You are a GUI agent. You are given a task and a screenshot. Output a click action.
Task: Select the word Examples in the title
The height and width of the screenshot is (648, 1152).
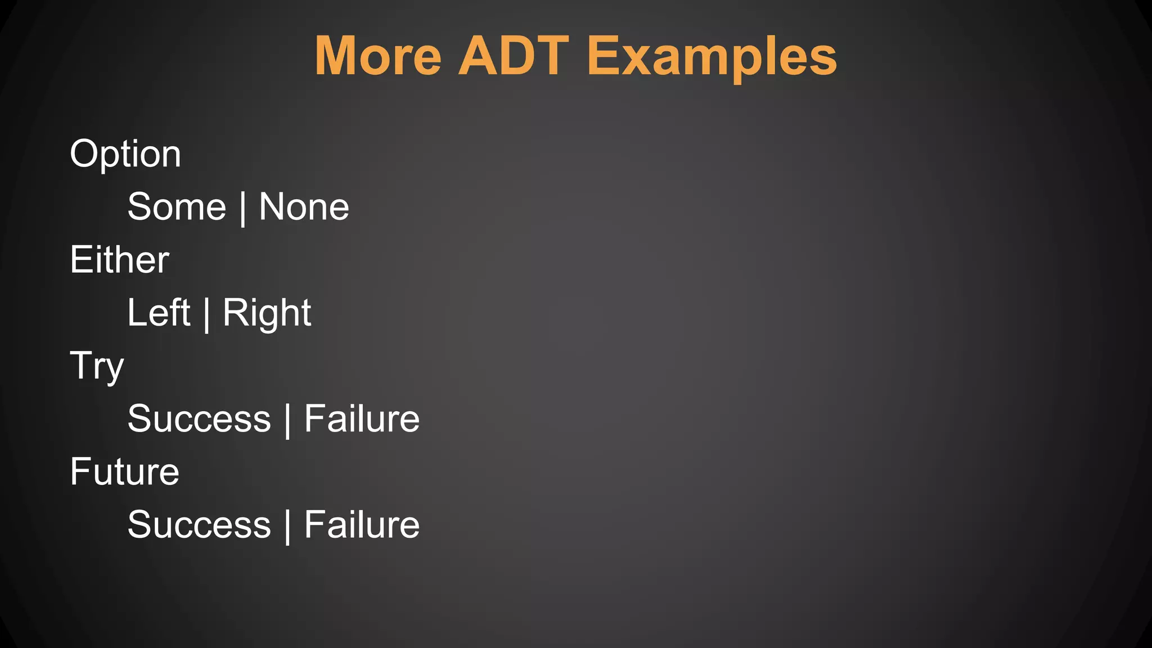click(x=712, y=57)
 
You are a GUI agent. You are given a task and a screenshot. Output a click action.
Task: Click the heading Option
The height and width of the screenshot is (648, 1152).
click(x=125, y=154)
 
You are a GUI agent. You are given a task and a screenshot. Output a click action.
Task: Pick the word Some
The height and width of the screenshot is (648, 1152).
click(x=177, y=207)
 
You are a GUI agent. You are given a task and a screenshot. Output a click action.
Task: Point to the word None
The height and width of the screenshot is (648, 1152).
click(x=304, y=207)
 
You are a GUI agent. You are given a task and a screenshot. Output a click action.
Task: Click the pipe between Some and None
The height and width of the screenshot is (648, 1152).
click(x=242, y=208)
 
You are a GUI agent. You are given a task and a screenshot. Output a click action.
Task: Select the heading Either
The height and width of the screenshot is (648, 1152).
click(x=119, y=259)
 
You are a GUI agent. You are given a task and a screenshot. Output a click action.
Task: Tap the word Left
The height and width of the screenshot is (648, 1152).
click(x=159, y=313)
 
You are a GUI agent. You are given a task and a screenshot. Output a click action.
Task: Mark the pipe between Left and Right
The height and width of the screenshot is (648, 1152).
click(x=206, y=314)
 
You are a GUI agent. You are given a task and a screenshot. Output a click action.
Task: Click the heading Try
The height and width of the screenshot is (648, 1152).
click(x=97, y=366)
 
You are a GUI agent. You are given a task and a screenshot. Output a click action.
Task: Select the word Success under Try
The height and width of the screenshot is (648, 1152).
click(x=199, y=418)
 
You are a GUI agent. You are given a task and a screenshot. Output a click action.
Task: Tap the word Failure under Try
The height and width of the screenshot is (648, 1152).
click(x=362, y=418)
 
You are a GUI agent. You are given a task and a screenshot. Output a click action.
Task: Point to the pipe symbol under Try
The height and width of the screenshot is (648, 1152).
click(x=287, y=420)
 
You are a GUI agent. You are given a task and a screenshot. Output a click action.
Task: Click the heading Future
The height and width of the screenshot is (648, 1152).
click(x=124, y=471)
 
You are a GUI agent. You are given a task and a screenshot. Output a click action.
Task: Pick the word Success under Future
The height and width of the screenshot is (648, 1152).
click(x=199, y=525)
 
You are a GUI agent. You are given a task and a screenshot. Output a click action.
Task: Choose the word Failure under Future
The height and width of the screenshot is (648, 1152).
click(x=362, y=525)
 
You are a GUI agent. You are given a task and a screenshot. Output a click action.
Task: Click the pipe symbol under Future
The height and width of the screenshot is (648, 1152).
click(x=287, y=526)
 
